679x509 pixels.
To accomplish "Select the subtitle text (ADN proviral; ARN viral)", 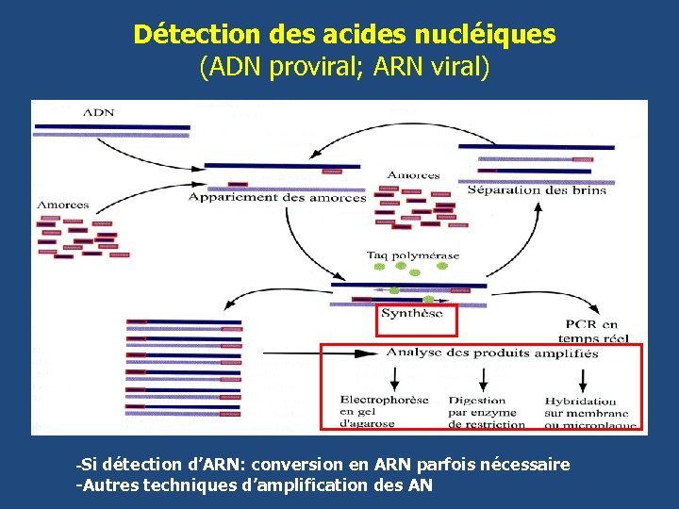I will pyautogui.click(x=344, y=68).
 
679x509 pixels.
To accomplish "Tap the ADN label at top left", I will pyautogui.click(x=99, y=112).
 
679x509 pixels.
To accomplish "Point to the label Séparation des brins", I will pyautogui.click(x=537, y=189).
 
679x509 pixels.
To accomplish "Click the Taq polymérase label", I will pyautogui.click(x=413, y=254).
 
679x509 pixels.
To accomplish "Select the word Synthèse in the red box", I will pyautogui.click(x=411, y=314).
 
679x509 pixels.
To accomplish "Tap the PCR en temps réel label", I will pyautogui.click(x=600, y=331).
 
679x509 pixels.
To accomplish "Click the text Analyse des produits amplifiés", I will pyautogui.click(x=491, y=353).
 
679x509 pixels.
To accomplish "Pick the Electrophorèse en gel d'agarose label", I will pyautogui.click(x=384, y=411).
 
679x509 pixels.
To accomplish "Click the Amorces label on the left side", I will pyautogui.click(x=62, y=205).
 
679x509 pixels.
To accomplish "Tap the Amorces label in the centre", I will pyautogui.click(x=413, y=175).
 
